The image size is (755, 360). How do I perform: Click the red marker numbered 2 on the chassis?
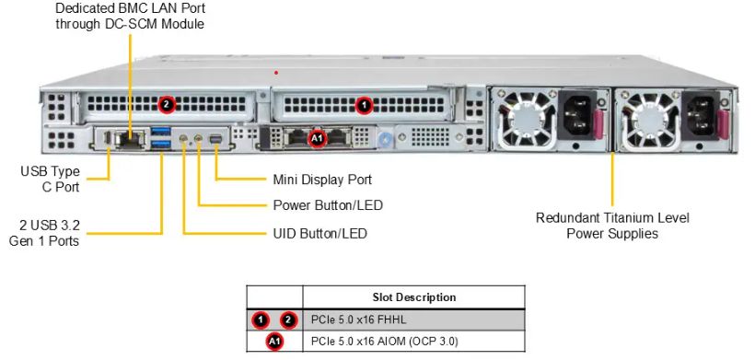(x=166, y=103)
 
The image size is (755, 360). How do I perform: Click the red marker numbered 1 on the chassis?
(x=364, y=104)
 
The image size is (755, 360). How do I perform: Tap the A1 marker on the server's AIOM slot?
(x=316, y=139)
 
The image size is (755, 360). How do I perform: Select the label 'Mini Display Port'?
(x=322, y=180)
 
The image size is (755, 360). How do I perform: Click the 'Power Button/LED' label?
(x=328, y=205)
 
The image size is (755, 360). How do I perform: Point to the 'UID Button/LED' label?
(x=319, y=234)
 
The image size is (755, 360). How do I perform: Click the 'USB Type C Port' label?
(x=50, y=179)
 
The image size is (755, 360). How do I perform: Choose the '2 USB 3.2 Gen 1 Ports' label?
(x=49, y=233)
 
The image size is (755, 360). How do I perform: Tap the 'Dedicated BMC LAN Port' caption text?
(x=130, y=16)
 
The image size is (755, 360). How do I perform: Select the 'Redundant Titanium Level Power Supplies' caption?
(x=612, y=226)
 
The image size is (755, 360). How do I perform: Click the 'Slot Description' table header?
(x=413, y=297)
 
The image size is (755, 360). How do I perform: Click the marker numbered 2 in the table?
(x=289, y=320)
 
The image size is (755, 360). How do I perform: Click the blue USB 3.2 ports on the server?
(x=162, y=139)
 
